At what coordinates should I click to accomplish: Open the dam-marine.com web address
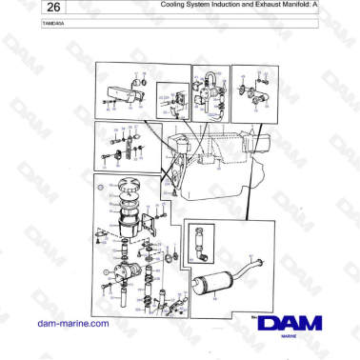tap(71, 324)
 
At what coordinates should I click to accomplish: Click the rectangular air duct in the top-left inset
tap(115, 92)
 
